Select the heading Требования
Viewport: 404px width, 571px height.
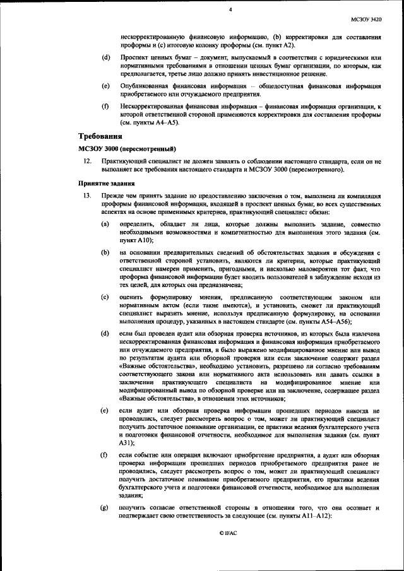coord(100,136)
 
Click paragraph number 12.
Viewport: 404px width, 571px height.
coord(87,162)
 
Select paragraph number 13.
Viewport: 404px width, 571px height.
coord(87,197)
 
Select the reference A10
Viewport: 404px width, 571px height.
coord(141,241)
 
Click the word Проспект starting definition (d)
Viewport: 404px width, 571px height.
coord(134,57)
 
